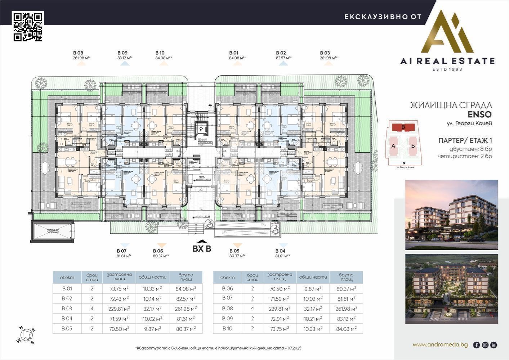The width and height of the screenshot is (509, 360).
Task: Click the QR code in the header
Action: click(x=28, y=26)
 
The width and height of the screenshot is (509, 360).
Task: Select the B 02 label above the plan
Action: click(x=281, y=53)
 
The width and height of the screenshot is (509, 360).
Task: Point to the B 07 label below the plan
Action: click(x=122, y=251)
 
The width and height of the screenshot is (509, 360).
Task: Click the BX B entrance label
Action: click(x=202, y=248)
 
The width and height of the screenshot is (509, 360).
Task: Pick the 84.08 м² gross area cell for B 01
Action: click(x=186, y=288)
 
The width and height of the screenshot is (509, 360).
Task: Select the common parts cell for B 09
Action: click(x=313, y=319)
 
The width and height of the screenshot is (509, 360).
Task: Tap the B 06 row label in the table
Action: click(x=227, y=288)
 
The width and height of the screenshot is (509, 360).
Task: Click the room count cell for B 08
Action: click(x=253, y=309)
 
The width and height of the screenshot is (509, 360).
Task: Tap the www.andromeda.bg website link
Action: click(x=440, y=345)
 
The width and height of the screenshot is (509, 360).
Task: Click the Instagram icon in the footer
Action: click(x=485, y=345)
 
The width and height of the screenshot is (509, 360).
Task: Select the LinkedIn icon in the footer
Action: click(x=494, y=345)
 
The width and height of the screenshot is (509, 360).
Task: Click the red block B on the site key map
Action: click(x=403, y=127)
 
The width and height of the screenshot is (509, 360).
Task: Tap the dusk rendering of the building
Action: click(x=451, y=215)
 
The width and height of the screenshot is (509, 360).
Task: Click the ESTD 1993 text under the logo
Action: click(x=447, y=69)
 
